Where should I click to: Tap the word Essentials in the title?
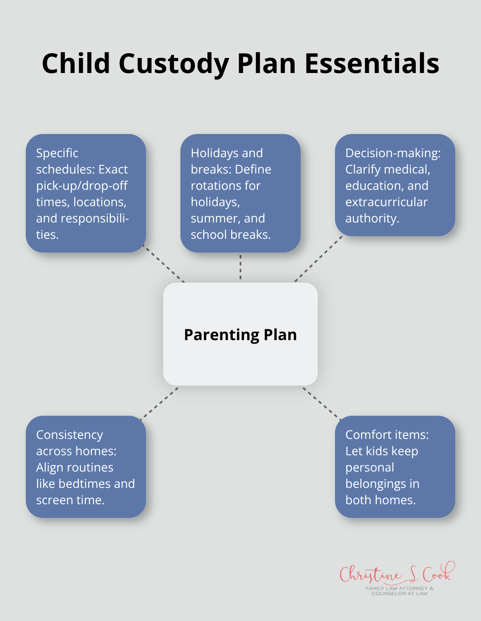[372, 64]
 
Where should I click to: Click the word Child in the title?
[76, 64]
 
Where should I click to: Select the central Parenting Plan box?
[240, 334]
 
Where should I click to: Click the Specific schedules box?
[86, 193]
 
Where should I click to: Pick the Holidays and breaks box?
[240, 193]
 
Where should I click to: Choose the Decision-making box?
[395, 185]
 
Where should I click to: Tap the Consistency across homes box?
[86, 467]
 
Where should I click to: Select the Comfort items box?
[395, 467]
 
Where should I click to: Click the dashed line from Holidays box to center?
[240, 267]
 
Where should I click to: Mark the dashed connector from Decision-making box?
[318, 259]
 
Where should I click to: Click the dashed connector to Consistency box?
[160, 402]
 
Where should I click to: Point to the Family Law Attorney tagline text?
[399, 591]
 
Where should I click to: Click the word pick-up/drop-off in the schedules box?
[82, 186]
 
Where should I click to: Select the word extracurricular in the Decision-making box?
[387, 202]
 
